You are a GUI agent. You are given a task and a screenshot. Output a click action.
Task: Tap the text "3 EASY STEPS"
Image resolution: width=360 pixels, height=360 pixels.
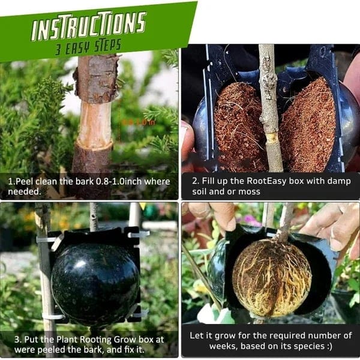[88, 46]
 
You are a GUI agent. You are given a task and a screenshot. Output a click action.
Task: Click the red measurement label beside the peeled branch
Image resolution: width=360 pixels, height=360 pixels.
[139, 122]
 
